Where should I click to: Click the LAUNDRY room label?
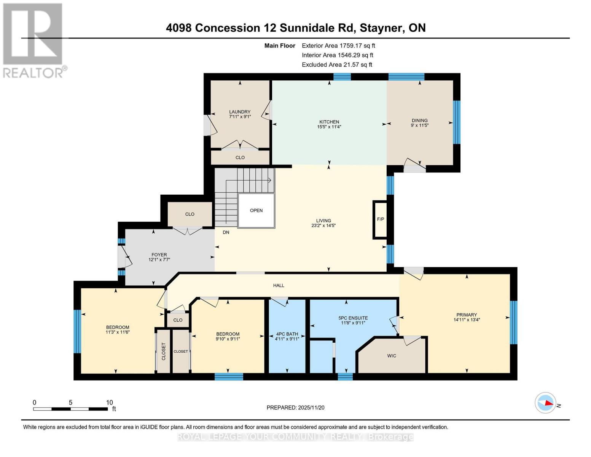coord(240,112)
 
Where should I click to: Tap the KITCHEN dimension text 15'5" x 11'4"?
coord(329,127)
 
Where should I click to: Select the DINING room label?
coord(419,120)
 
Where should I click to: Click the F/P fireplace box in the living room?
coord(380,220)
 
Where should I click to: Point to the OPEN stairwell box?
coord(256,211)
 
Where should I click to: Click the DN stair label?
coord(226,232)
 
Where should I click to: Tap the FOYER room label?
coord(159,255)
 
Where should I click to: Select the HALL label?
coord(279,285)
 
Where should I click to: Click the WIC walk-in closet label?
coord(392,356)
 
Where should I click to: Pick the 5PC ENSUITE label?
coord(353,318)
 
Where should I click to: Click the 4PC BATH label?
coord(287,334)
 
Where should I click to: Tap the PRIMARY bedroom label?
coord(467,315)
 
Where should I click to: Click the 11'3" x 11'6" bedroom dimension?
coord(118,332)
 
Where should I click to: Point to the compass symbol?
coord(545,403)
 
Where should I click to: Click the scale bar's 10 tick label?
coord(110,403)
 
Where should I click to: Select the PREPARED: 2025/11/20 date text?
coord(295,407)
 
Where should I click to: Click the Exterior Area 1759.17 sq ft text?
coord(338,45)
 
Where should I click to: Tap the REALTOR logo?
coord(33,40)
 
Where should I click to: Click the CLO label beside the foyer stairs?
coord(190,214)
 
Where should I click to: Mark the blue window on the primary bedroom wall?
coord(513,322)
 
